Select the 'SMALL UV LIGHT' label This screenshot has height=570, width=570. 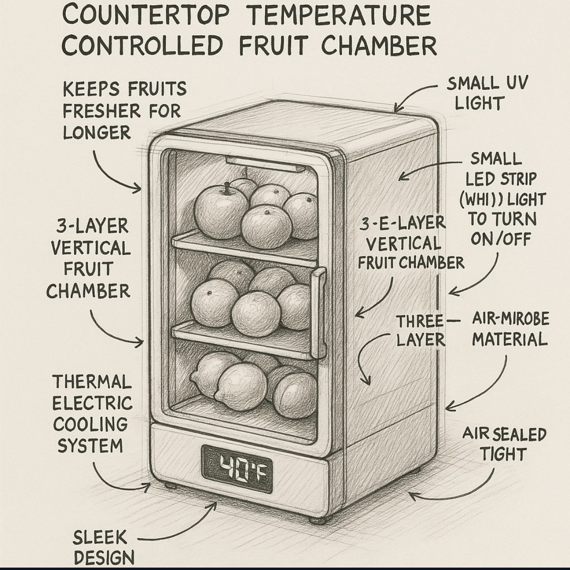tap(486, 93)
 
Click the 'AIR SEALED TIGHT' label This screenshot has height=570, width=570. tap(504, 444)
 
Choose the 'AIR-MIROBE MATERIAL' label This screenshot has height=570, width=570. tap(510, 329)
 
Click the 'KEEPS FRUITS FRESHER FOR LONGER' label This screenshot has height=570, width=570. tap(124, 111)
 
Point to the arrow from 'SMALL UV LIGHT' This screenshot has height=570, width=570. tap(416, 94)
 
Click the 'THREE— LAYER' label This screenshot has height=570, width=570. tap(421, 330)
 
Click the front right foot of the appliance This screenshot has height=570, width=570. tap(317, 520)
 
